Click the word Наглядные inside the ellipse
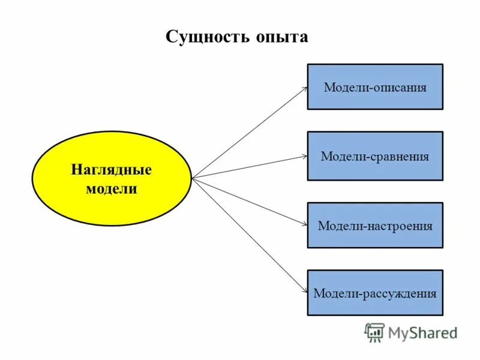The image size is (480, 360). point(111,169)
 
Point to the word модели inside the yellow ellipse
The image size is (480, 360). point(111,189)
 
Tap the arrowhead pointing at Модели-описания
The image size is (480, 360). point(305,88)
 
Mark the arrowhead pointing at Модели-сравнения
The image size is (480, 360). point(305,157)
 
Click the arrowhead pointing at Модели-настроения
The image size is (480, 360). point(305,225)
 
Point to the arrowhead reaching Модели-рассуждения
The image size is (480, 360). point(305,292)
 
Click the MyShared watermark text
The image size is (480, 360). point(422,332)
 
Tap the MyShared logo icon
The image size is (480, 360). point(374,332)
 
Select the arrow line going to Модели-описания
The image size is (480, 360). point(249,132)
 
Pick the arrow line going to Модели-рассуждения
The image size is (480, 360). point(249,236)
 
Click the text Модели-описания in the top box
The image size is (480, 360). point(375,88)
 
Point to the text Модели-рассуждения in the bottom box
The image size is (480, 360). point(375,294)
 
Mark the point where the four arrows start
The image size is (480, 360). point(192,178)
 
